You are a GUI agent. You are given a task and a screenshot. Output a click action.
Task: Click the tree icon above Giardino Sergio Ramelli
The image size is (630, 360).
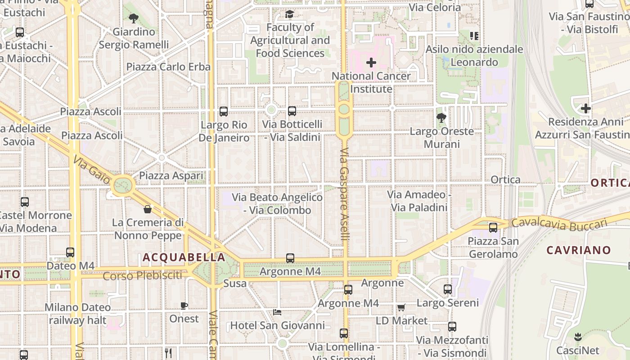click(x=133, y=18)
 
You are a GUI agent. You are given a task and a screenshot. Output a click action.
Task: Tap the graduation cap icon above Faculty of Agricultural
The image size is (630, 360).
click(x=289, y=14)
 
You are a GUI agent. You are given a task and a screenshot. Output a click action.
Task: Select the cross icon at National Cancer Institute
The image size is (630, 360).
click(x=371, y=63)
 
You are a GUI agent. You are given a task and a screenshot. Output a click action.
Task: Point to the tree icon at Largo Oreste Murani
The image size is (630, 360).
click(x=441, y=118)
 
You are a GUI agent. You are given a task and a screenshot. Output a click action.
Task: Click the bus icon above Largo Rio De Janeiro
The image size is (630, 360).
click(x=224, y=112)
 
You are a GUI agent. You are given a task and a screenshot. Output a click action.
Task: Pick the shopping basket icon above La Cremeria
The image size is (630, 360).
click(x=147, y=209)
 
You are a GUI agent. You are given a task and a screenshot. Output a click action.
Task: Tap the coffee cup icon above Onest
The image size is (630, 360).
click(x=184, y=306)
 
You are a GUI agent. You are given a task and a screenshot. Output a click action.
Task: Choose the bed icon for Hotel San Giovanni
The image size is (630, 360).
click(x=277, y=312)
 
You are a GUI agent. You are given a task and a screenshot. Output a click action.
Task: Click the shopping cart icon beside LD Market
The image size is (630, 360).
click(x=401, y=308)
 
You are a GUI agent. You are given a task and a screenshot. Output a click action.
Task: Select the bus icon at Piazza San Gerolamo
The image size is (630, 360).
click(x=493, y=228)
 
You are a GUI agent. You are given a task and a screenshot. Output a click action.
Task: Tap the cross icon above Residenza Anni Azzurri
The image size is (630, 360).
click(x=585, y=108)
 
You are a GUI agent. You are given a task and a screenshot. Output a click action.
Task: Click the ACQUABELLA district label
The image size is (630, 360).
click(x=184, y=257)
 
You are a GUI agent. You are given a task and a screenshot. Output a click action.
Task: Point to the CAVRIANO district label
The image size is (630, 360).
click(x=579, y=250)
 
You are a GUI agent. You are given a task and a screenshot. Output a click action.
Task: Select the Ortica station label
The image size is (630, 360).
click(x=506, y=180)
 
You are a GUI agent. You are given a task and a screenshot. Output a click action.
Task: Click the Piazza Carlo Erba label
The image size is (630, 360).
click(x=168, y=67)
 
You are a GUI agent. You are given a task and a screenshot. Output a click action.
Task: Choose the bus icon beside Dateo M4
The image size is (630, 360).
click(x=70, y=252)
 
